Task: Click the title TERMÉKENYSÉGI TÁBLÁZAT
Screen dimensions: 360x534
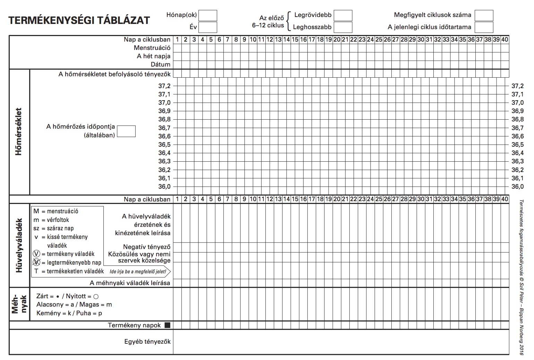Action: click(x=79, y=20)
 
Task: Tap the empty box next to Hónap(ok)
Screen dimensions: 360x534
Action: click(x=207, y=16)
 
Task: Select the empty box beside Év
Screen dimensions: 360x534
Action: click(x=207, y=27)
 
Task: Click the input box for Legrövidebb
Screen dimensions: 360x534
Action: click(x=343, y=16)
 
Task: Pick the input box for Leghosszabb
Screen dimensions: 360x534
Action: click(x=343, y=27)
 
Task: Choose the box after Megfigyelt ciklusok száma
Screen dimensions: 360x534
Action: click(x=484, y=16)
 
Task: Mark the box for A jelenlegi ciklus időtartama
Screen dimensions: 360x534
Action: click(x=484, y=27)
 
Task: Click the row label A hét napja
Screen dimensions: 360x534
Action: click(x=153, y=56)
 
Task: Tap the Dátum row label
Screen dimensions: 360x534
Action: click(x=160, y=65)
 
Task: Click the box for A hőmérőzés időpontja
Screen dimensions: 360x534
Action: click(x=126, y=131)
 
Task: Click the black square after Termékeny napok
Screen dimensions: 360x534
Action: click(x=168, y=325)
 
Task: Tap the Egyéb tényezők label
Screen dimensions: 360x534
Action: click(x=147, y=342)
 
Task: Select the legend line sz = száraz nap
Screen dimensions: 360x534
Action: click(x=53, y=229)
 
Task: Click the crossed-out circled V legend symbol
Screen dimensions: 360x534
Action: click(x=37, y=263)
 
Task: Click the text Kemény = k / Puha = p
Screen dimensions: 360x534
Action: click(x=69, y=313)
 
